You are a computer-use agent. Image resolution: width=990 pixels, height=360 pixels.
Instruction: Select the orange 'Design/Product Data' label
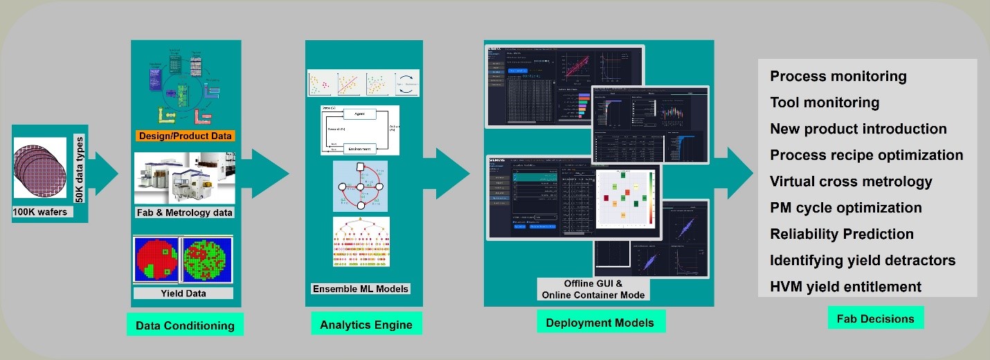184,136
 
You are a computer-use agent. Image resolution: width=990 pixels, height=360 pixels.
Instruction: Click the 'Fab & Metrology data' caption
184,213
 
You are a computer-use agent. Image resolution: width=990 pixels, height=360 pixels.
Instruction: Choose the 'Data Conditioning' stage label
185,325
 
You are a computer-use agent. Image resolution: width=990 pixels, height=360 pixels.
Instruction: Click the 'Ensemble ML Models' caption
361,288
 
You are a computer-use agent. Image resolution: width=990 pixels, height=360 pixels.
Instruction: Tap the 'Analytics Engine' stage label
366,325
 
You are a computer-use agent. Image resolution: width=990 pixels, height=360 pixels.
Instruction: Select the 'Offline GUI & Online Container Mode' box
594,289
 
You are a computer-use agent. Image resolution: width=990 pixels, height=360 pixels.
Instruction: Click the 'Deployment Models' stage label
601,323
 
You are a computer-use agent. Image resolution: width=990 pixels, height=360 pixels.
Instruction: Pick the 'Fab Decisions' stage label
875,318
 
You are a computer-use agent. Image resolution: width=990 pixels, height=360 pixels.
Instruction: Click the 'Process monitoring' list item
838,76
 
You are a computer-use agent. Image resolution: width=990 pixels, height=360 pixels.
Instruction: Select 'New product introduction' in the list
858,129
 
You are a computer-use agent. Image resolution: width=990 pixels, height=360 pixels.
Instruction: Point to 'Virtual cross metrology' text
851,181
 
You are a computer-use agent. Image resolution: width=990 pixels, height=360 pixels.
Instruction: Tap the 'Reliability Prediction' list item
842,234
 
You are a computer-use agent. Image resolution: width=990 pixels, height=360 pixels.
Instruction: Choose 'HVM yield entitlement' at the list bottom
845,287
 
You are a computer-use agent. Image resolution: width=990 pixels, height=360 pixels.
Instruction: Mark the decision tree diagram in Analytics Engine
361,242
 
